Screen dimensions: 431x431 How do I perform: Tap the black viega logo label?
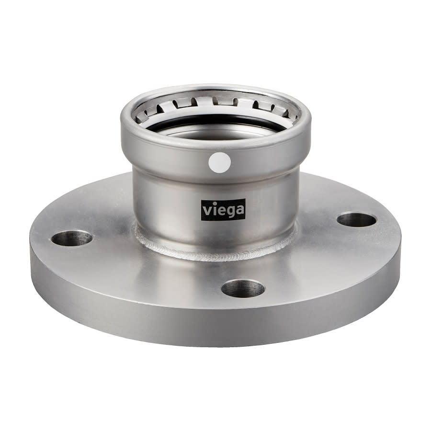223,210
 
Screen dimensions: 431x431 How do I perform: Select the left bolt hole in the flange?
72,238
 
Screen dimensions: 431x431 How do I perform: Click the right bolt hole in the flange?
356,220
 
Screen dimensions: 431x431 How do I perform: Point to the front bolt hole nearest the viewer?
243,288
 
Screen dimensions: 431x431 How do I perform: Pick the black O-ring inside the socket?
215,124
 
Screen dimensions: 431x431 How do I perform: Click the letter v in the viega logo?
207,211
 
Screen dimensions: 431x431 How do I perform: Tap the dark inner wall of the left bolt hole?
72,235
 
